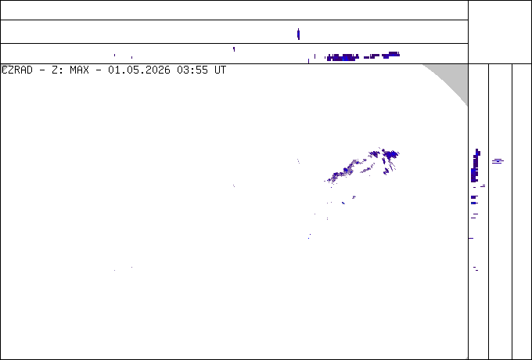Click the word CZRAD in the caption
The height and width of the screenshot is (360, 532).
click(x=17, y=70)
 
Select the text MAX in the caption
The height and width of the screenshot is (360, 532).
click(x=79, y=70)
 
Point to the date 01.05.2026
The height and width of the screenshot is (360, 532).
click(x=139, y=70)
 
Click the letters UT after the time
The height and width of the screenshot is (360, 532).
click(x=220, y=70)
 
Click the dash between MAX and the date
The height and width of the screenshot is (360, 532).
click(x=99, y=70)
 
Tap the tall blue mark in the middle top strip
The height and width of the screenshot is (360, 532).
click(x=298, y=34)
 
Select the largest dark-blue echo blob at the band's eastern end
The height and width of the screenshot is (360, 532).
click(x=391, y=155)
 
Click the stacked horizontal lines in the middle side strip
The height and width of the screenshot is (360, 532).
click(x=498, y=161)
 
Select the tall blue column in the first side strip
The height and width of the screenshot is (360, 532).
click(x=475, y=166)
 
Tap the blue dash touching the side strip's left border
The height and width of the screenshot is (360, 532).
click(x=471, y=238)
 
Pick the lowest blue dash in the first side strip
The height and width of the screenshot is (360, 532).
click(x=477, y=271)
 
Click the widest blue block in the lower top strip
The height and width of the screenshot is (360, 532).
click(x=343, y=57)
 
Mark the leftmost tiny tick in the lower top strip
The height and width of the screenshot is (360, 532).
click(x=114, y=55)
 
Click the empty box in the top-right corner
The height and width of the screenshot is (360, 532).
click(x=500, y=32)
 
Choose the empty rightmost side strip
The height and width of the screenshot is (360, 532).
click(x=522, y=211)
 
